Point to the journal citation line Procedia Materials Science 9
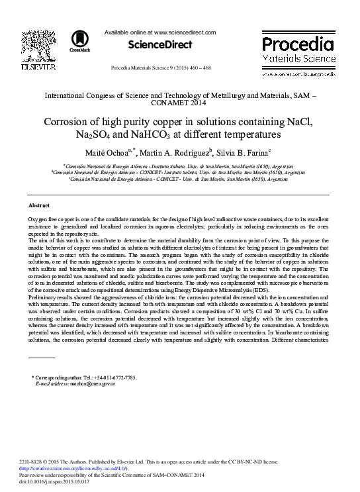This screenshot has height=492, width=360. pyautogui.click(x=161, y=68)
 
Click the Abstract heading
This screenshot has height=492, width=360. pyautogui.click(x=40, y=206)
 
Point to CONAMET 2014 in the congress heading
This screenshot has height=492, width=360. pyautogui.click(x=179, y=104)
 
